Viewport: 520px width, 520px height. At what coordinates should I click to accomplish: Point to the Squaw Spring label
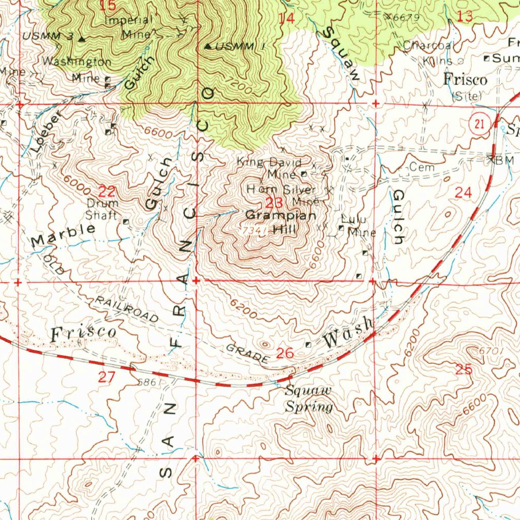pos(308,399)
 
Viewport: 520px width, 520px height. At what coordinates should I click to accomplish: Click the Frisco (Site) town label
pos(465,85)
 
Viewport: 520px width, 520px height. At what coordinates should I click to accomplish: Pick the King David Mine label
pos(270,168)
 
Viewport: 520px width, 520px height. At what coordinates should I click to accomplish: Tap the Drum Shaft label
pos(102,209)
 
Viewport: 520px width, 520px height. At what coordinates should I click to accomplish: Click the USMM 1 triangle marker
pos(208,47)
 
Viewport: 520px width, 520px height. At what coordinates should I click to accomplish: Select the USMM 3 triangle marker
pos(81,39)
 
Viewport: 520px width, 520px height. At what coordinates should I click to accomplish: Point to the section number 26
pos(285,353)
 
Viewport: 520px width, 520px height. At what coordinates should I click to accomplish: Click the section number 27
pos(107,377)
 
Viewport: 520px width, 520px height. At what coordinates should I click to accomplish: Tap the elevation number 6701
pos(491,351)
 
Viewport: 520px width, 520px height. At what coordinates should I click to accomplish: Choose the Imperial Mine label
pos(128,27)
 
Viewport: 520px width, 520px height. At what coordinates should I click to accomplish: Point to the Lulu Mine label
pos(358,226)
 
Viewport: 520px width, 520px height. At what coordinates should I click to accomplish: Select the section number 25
pos(464,370)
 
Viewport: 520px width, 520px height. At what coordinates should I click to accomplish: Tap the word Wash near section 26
pos(349,334)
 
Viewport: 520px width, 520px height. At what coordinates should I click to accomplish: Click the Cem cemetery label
pos(419,167)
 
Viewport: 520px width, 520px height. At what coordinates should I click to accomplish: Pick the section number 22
pos(107,192)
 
